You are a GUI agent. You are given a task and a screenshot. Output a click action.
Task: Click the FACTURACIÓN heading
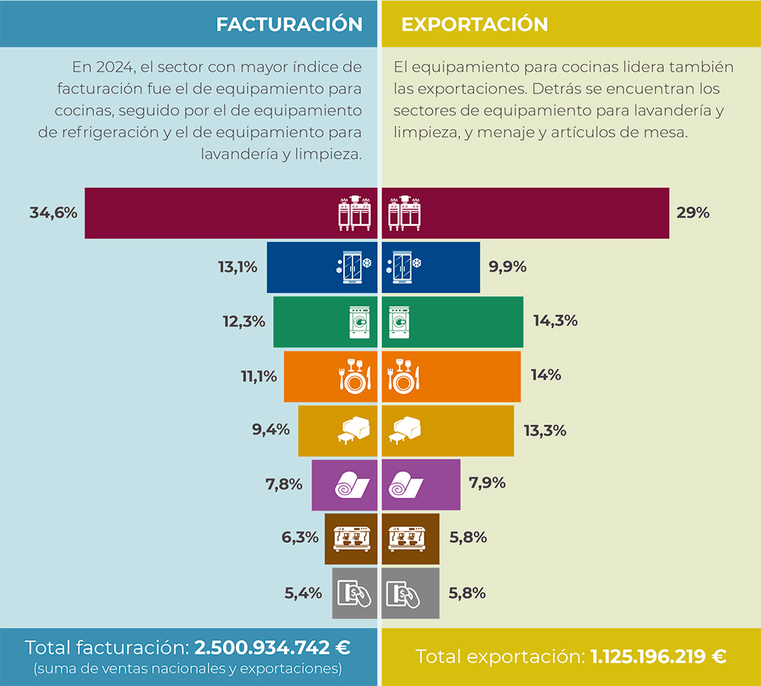[x=289, y=24]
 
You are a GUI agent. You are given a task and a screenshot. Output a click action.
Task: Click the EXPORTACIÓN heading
[x=475, y=24]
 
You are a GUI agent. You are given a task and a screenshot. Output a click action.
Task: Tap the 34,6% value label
[x=54, y=213]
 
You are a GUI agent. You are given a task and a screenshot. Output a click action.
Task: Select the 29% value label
[x=693, y=213]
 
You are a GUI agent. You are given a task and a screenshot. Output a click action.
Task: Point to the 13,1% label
[x=237, y=267]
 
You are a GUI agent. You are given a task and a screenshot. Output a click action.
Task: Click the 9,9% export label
[x=508, y=267]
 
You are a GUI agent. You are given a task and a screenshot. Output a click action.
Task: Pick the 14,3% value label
[x=556, y=321]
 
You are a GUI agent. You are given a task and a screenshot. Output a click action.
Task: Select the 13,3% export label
[x=545, y=430]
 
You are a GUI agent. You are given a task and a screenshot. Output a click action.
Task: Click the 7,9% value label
[x=488, y=483]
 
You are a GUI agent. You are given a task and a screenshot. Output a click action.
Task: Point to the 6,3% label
[x=300, y=538]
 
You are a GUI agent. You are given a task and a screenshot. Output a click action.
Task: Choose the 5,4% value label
[x=304, y=592]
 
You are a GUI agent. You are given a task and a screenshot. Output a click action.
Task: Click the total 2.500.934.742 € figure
[x=272, y=648]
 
